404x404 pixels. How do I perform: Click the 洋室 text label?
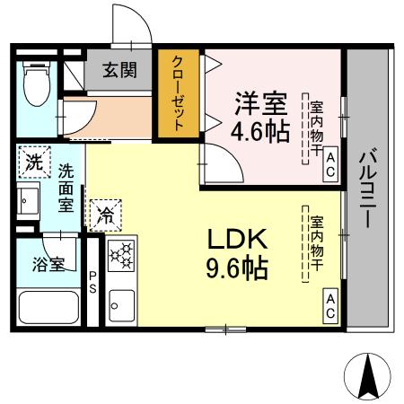tap(261, 101)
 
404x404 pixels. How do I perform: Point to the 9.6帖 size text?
tap(238, 268)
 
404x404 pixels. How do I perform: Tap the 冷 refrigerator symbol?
tap(105, 215)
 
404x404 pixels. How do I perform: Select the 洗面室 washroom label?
tap(66, 187)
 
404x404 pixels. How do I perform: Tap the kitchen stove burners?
tap(120, 256)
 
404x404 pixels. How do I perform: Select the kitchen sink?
tap(120, 305)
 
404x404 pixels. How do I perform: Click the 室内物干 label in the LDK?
tap(316, 242)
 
